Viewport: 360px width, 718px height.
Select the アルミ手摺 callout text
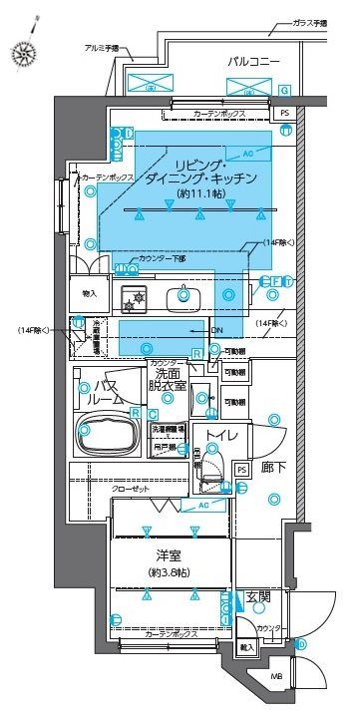click(101, 48)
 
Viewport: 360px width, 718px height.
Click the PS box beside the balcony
click(284, 114)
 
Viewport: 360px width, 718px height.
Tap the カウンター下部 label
click(164, 258)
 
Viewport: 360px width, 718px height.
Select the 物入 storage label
click(90, 294)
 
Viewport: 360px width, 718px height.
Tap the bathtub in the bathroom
click(108, 431)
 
